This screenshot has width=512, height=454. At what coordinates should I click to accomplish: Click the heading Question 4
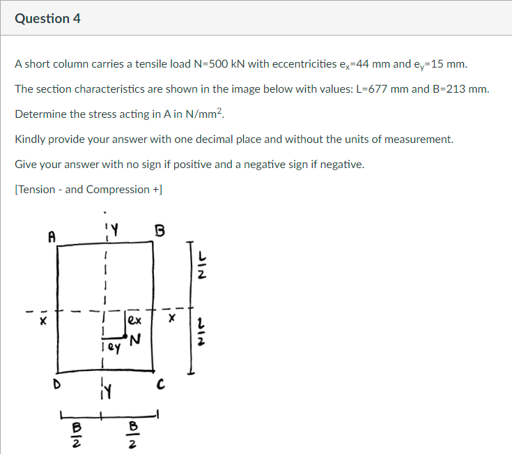click(47, 19)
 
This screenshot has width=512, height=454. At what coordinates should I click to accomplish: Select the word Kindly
click(30, 139)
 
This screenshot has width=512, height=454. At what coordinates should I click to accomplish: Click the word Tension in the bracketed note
click(38, 190)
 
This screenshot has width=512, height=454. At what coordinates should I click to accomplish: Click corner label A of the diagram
click(51, 236)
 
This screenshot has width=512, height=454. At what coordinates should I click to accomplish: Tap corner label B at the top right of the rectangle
click(160, 231)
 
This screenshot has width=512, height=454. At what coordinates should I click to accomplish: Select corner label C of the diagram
click(160, 384)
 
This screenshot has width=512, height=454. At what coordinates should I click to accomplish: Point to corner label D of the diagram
click(49, 384)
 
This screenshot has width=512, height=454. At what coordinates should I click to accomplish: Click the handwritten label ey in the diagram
click(111, 344)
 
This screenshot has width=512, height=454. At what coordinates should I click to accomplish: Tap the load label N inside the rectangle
click(135, 340)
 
